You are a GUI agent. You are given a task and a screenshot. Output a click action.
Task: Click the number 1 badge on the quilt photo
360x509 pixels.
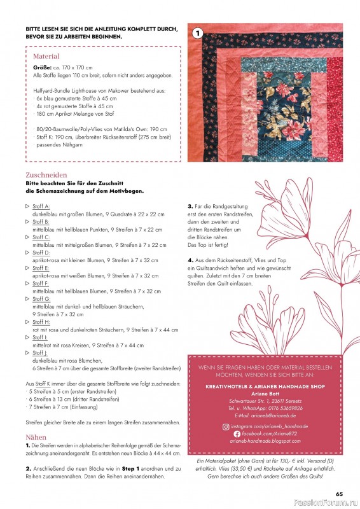point(197,33)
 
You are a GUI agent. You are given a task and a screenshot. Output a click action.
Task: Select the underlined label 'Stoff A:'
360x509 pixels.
point(41,207)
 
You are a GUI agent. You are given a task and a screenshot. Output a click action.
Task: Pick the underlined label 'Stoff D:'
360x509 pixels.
point(41,253)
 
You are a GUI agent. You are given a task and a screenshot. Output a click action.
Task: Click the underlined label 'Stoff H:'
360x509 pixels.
point(41,322)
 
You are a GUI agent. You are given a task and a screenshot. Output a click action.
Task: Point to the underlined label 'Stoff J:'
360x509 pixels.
point(41,352)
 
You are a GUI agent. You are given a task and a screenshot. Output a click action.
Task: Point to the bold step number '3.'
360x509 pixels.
point(190,206)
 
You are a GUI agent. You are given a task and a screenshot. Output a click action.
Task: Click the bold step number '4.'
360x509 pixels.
point(190,260)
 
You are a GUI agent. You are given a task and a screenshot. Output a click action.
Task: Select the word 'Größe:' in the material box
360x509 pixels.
point(42,67)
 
